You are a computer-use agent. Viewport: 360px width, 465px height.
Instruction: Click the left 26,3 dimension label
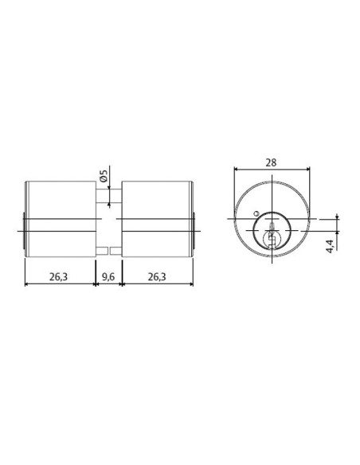tap(57, 277)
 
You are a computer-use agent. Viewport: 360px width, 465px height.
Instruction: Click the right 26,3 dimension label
tap(157, 277)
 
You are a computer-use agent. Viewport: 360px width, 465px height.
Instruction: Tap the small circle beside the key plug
tap(254, 213)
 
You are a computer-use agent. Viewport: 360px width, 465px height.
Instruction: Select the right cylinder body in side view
tap(155, 219)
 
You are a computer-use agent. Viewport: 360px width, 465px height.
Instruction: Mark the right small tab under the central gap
tap(116, 254)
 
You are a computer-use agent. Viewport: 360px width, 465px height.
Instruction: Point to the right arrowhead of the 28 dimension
tap(307, 170)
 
